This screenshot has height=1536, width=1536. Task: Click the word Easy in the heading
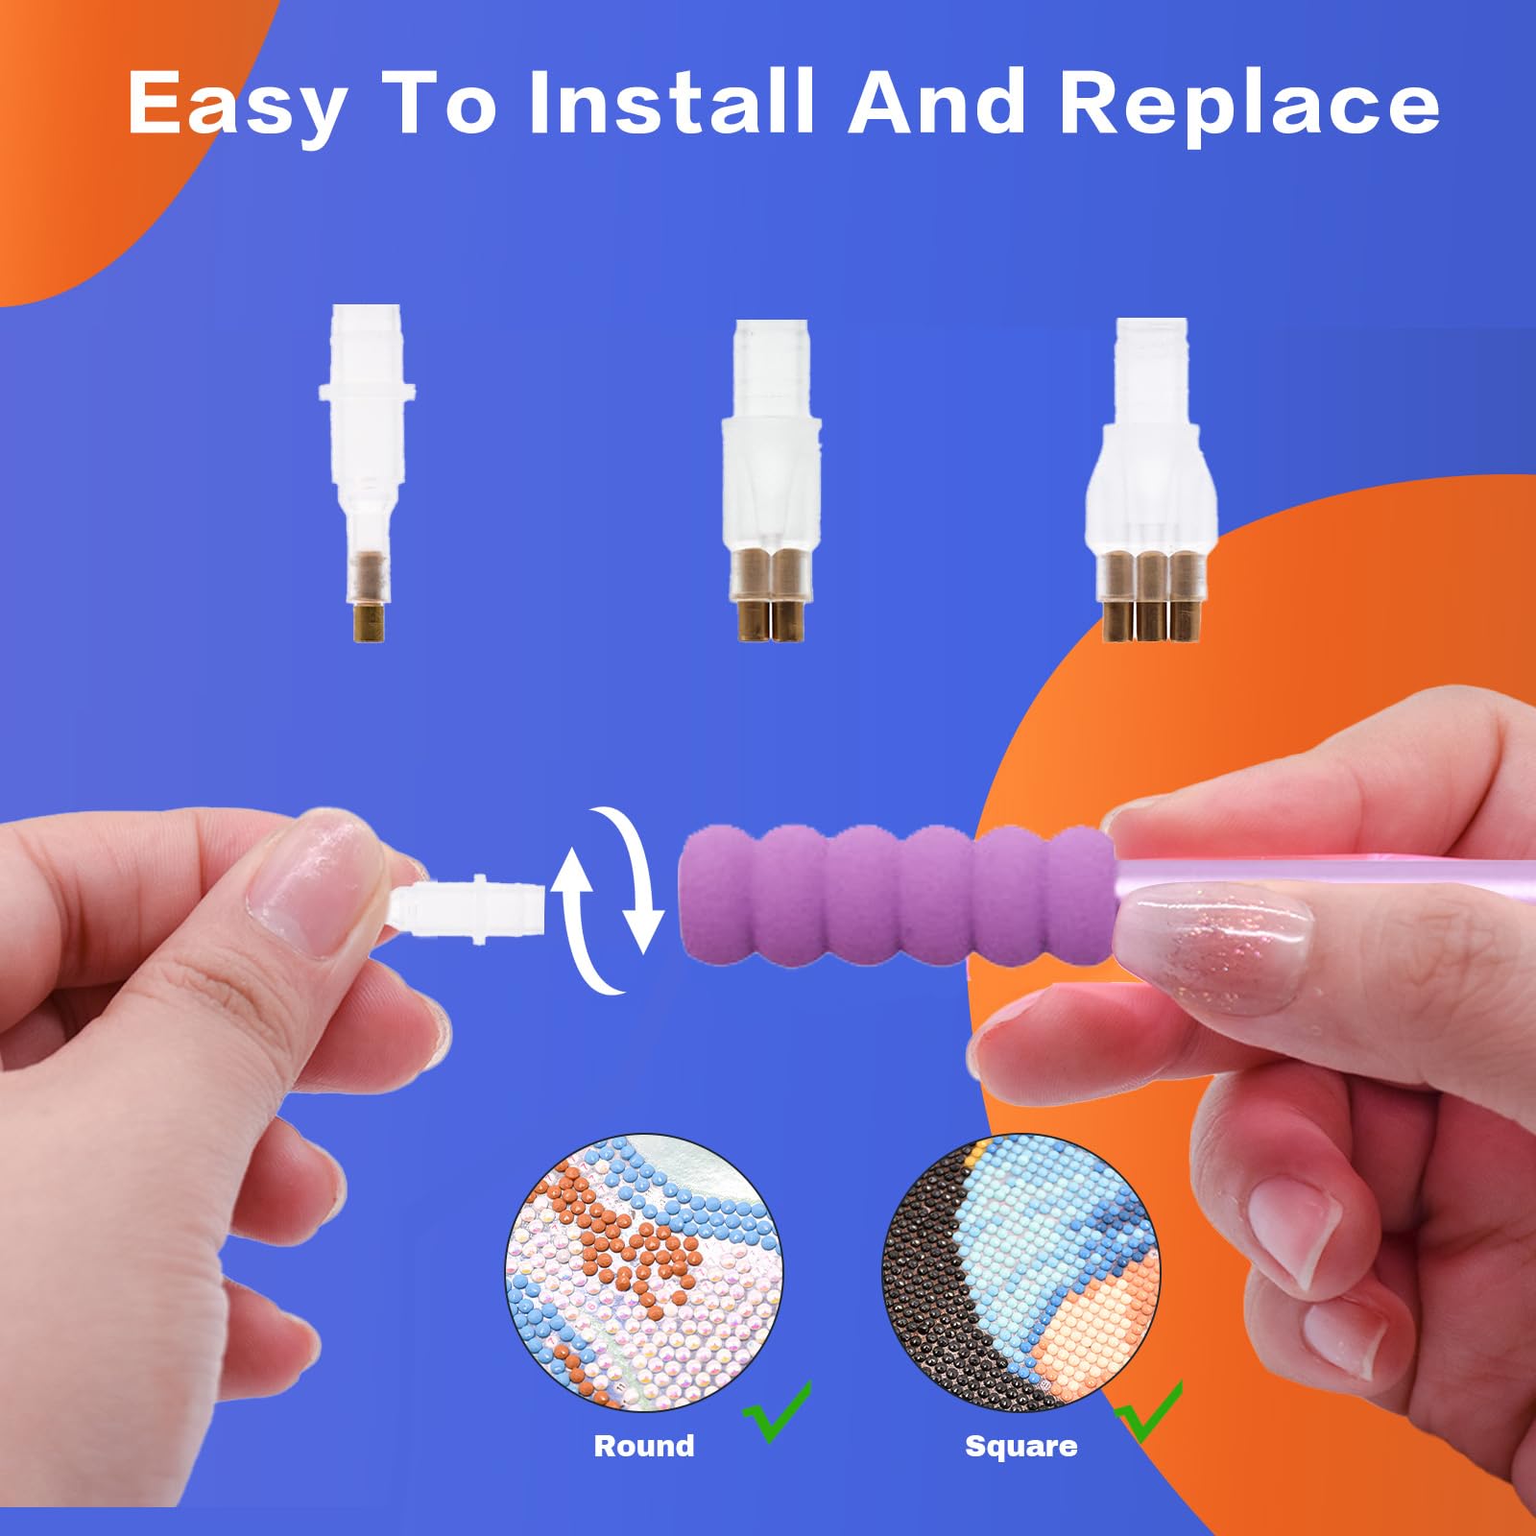[x=236, y=105]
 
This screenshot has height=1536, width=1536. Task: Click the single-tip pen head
[x=368, y=472]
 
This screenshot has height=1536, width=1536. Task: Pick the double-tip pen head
[x=772, y=480]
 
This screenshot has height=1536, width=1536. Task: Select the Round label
[x=644, y=1446]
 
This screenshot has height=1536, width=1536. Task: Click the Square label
[x=1020, y=1446]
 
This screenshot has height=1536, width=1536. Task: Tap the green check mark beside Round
[x=778, y=1411]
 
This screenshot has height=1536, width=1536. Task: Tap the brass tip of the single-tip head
[x=368, y=622]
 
